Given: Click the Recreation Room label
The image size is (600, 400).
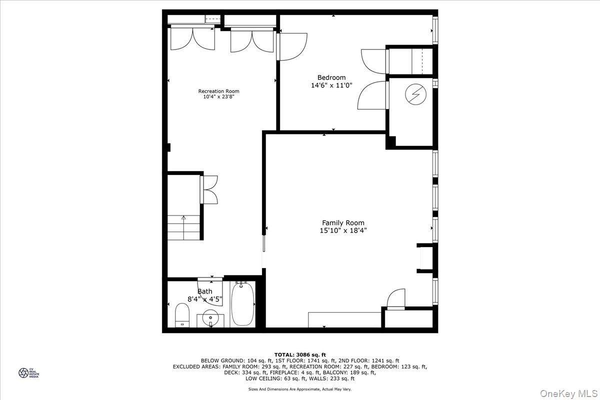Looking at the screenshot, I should coord(218,91).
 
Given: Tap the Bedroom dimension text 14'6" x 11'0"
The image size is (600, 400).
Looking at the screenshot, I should coord(331,85).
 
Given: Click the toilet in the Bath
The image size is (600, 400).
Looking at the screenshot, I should coord(182,315).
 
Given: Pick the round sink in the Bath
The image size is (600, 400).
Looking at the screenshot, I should coord(211,317).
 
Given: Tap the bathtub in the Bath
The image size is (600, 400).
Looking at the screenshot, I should coord(243,304).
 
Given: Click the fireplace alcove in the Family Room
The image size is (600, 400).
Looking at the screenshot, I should coord(425,258).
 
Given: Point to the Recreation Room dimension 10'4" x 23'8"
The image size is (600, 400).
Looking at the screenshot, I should coord(218,97).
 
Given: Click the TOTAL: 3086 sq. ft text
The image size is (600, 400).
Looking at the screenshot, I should coord(300,354).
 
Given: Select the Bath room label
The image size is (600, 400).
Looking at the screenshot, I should coord(204,291).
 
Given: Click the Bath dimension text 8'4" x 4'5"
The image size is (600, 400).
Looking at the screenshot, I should coord(205,299).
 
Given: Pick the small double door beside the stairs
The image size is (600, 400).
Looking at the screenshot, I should coord(209,189).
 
